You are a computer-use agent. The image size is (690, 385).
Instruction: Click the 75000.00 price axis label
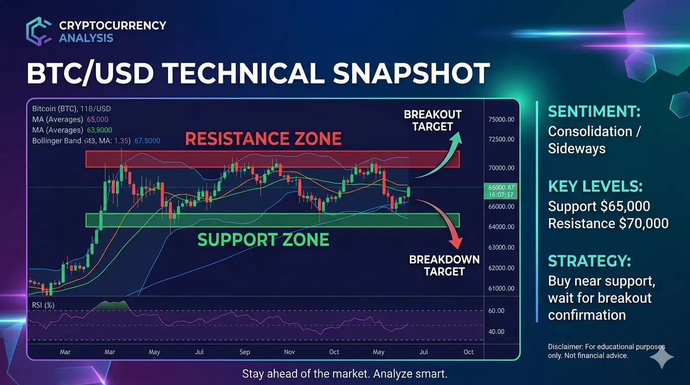point(501,119)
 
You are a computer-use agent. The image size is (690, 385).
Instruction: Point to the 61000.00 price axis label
point(501,289)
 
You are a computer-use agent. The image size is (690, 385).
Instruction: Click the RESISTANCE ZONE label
point(263,138)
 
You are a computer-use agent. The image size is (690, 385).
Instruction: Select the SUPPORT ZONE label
point(263,240)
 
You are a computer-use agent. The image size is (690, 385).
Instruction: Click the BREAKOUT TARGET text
point(432,120)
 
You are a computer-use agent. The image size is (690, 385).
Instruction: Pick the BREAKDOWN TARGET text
point(444,266)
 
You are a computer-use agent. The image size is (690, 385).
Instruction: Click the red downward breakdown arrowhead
point(456,243)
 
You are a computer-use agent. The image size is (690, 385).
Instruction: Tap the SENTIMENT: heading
point(594,111)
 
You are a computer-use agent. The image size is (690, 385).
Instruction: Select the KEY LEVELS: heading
point(595,186)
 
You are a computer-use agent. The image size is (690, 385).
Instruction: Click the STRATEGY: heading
point(589,261)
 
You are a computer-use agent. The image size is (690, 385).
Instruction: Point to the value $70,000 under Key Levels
point(643,224)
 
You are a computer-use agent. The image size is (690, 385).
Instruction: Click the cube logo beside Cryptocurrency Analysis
point(39,32)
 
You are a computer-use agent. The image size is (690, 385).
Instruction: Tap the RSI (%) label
point(43,305)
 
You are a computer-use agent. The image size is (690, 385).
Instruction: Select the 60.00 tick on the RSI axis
point(496,311)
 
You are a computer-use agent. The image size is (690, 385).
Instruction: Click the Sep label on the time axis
point(245,352)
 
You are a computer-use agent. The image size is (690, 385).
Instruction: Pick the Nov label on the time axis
point(289,352)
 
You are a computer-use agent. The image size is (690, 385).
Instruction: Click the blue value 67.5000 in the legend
point(147,141)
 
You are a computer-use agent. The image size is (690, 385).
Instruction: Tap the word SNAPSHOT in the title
point(411,73)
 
